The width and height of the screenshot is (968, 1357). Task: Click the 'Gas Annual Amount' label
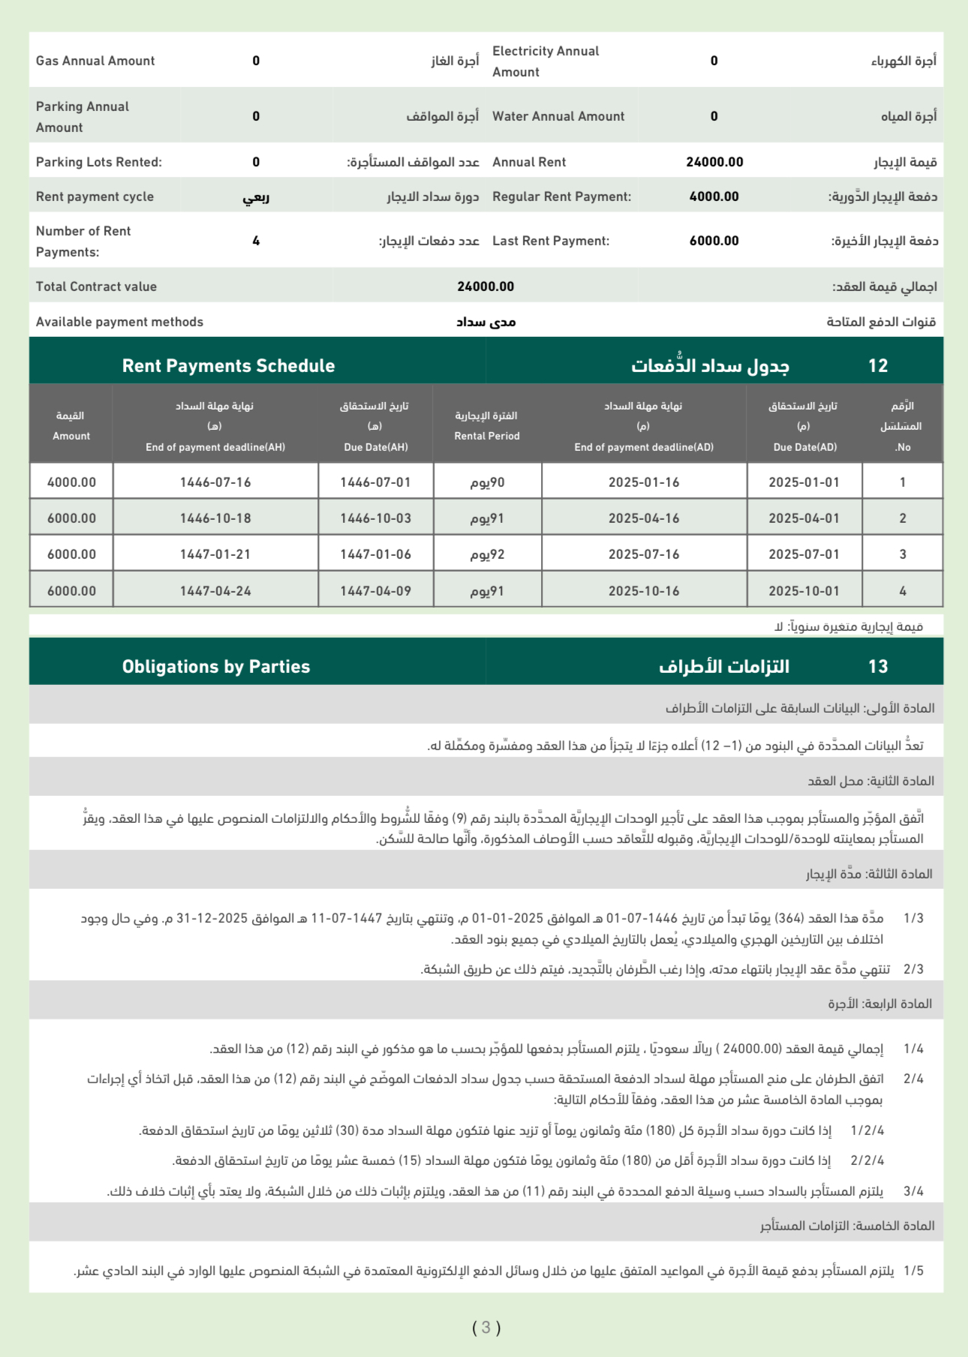95,61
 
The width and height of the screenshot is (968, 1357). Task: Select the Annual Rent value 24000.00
714,162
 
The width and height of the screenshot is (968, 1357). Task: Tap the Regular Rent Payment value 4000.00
714,197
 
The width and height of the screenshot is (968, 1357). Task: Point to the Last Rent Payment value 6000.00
714,241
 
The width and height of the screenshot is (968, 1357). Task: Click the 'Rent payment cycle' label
95,197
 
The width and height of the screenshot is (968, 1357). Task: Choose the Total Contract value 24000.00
486,287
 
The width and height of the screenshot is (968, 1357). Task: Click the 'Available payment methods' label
119,322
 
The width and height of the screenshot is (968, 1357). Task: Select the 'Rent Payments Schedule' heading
228,366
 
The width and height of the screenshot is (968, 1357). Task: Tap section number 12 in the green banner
877,366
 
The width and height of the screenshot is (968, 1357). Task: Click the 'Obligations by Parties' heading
216,667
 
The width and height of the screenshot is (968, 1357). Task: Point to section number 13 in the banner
877,667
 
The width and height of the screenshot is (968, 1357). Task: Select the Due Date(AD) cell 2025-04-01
804,518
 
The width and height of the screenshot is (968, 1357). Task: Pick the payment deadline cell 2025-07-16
644,554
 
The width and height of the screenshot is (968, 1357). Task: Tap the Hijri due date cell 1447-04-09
375,591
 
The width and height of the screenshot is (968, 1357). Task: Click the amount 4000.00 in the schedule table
71,482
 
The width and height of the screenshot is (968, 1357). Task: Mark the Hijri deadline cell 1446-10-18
215,518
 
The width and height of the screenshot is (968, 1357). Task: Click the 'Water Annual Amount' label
558,116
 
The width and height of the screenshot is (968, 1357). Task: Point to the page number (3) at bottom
486,1328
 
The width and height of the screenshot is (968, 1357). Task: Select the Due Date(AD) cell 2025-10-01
804,591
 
